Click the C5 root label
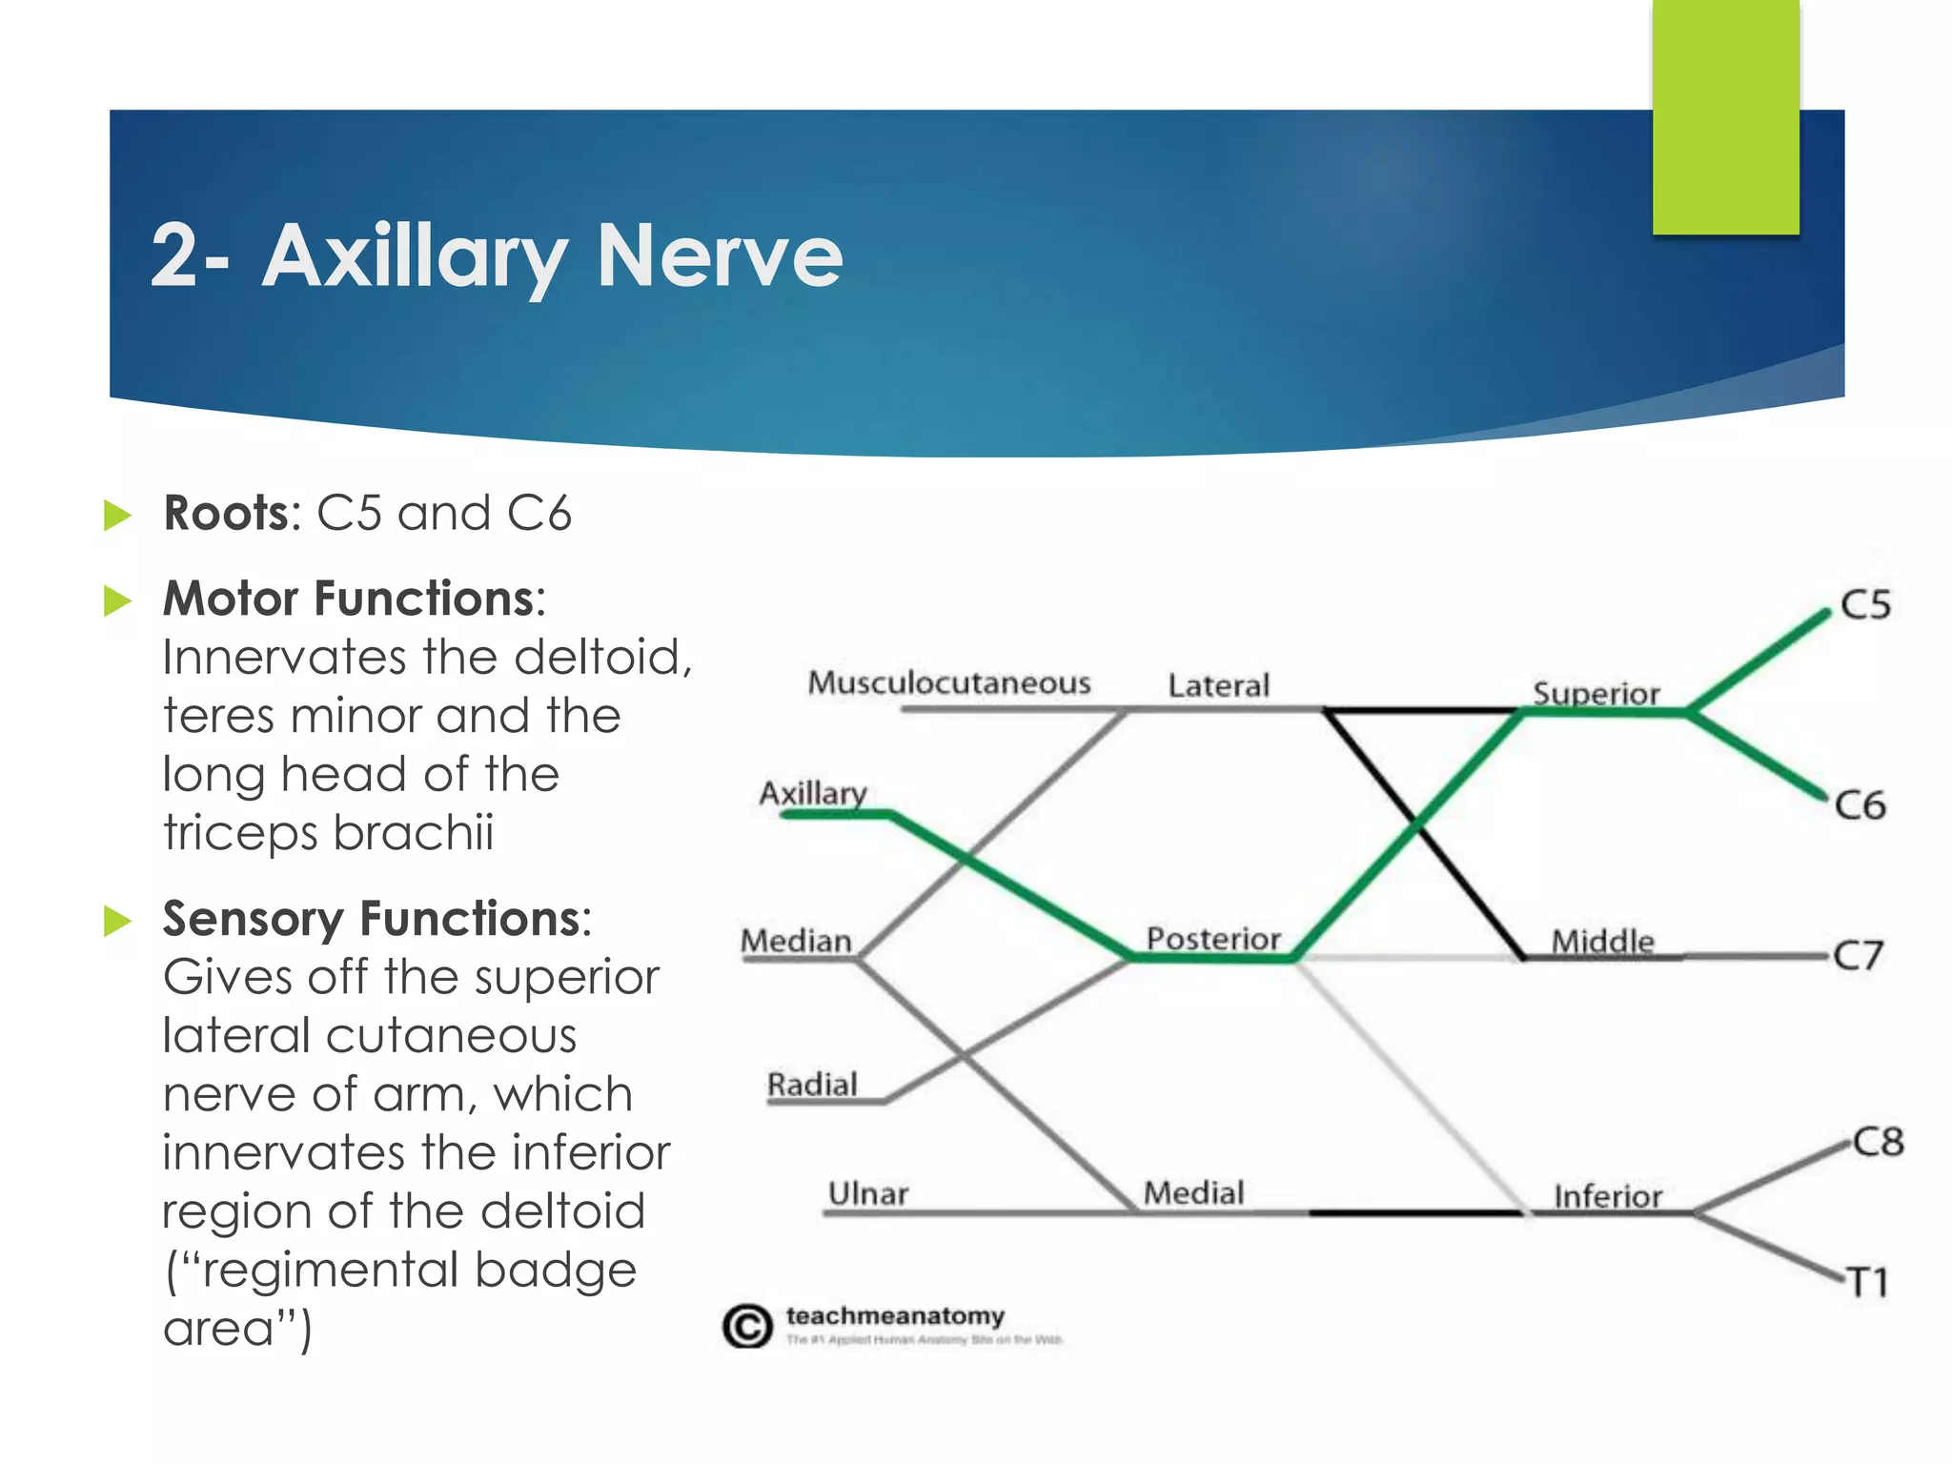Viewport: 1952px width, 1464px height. click(x=1864, y=604)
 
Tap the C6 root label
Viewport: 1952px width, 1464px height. click(x=1860, y=805)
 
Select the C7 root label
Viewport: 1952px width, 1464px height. click(x=1858, y=955)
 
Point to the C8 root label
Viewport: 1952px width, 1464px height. click(x=1877, y=1141)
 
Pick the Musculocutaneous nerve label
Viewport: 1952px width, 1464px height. click(x=948, y=682)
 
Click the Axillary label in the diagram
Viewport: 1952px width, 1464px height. click(x=812, y=793)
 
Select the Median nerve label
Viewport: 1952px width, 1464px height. click(x=796, y=942)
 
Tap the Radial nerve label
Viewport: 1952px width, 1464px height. click(x=812, y=1085)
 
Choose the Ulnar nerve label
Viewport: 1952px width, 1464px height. click(x=867, y=1193)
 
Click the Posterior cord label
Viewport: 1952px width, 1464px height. click(x=1212, y=939)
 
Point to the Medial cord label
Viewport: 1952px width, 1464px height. click(x=1193, y=1192)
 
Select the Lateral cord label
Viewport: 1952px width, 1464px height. click(x=1218, y=685)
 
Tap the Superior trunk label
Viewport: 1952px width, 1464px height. click(x=1596, y=693)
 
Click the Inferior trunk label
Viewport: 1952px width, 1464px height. click(x=1607, y=1196)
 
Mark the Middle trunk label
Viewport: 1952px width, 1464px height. click(x=1602, y=942)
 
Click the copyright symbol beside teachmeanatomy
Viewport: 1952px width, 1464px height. click(x=746, y=1326)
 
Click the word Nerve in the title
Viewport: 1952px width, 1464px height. click(x=719, y=255)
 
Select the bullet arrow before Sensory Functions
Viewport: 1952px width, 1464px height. click(x=117, y=921)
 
